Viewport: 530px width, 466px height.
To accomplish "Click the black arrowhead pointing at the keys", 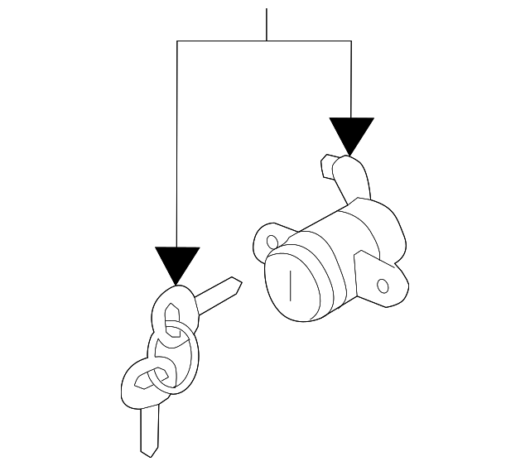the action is (178, 264).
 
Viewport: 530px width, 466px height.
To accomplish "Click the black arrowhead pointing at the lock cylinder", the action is (351, 134).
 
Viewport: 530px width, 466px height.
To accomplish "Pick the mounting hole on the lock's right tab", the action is (382, 286).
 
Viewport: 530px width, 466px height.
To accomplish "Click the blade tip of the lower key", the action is (148, 452).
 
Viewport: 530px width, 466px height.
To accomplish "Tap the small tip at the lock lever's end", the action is (325, 166).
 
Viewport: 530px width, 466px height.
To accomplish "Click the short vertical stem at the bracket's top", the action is (266, 25).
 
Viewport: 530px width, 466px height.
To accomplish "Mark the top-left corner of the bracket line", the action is (178, 41).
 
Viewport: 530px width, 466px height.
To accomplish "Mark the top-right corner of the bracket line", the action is (351, 41).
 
